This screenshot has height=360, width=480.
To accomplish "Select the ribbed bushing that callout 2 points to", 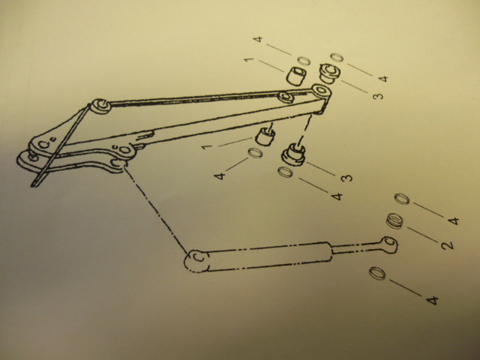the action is click(x=394, y=221).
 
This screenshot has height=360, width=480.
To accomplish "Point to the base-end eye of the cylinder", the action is click(x=196, y=261).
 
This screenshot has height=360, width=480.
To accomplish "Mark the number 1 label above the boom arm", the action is click(x=250, y=58).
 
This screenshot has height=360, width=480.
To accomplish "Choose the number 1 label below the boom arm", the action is click(x=207, y=146).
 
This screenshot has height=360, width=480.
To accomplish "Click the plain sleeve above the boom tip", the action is click(x=296, y=76).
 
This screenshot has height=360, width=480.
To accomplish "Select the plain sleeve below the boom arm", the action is click(x=265, y=136).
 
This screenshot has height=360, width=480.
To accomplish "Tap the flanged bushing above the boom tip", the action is click(x=330, y=73).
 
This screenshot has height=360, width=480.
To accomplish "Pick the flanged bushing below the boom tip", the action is click(x=293, y=155).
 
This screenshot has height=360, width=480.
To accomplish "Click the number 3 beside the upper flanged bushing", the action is click(x=378, y=96).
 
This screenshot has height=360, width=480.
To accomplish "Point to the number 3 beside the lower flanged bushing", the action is click(x=346, y=178).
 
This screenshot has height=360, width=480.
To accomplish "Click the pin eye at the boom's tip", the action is click(x=322, y=91).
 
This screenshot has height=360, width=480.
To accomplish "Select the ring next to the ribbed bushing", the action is click(x=402, y=199).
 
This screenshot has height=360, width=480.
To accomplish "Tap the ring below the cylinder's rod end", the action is click(x=377, y=273).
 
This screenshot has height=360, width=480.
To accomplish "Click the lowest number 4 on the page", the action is click(x=432, y=300).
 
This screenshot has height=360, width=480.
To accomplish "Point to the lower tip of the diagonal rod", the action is click(x=34, y=184).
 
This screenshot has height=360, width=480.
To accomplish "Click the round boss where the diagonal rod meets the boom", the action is click(x=100, y=106).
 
